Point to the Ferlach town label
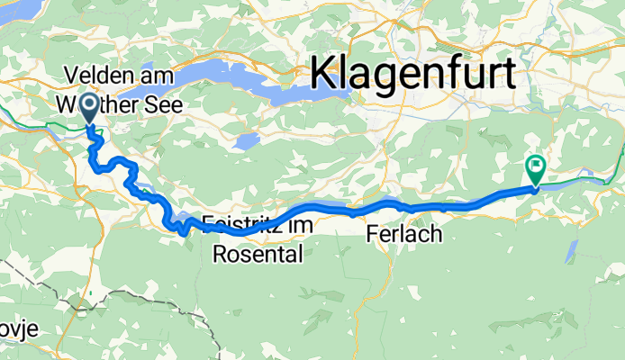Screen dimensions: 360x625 pos(404,235)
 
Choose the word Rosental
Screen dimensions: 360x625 pos(258,255)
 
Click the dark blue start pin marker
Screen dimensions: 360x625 pos(90,109)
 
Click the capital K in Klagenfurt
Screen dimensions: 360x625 pos(324,68)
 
